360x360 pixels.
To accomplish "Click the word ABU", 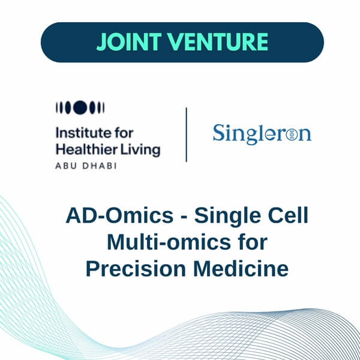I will tap(65, 165).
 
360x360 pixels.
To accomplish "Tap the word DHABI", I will tap(95, 165).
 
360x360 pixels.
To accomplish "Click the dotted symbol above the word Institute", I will tap(80, 108).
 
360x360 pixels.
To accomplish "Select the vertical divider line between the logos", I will tap(186, 134).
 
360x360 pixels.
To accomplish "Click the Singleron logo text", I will tap(262, 133).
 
